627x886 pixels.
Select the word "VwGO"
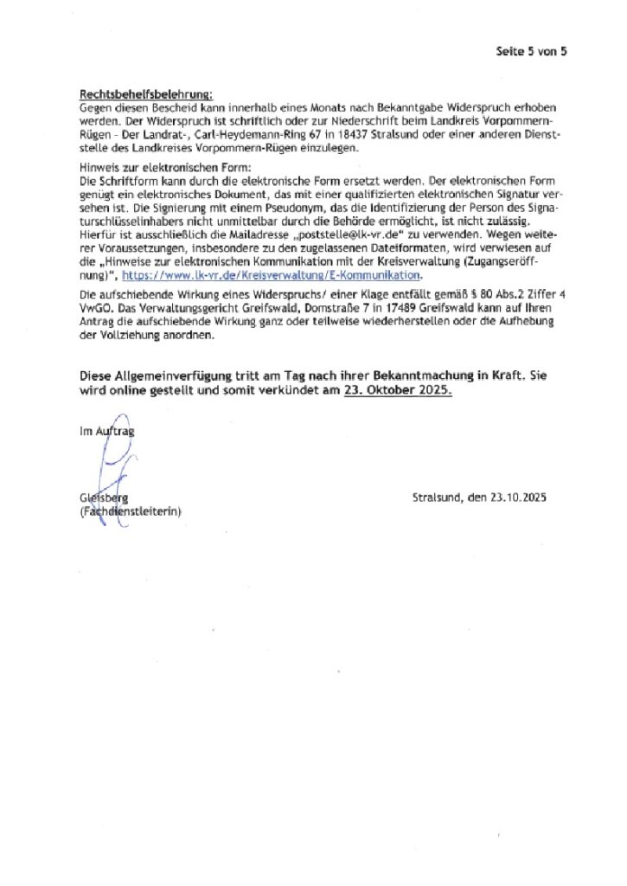click(93, 308)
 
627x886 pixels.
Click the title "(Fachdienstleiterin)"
click(130, 512)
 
